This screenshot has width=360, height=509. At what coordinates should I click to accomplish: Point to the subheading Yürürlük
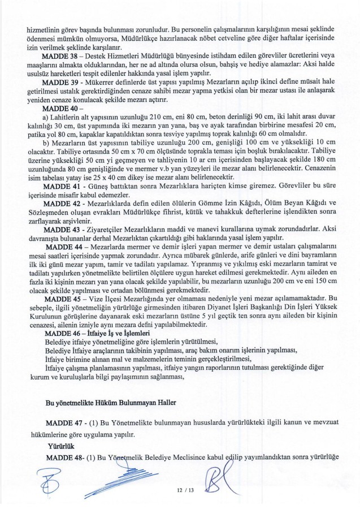(59, 446)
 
